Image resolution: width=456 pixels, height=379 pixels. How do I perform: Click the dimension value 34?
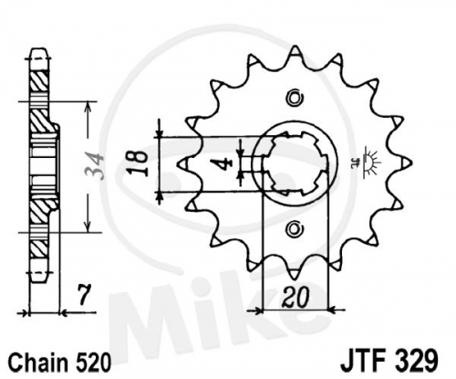point(94,166)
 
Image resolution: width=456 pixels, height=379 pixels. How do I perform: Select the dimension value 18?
point(139,163)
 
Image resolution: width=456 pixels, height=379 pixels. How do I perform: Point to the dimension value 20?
point(295,297)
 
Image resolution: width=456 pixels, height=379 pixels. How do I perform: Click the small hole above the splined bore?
point(295,98)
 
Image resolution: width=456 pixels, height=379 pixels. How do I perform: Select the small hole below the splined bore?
point(295,229)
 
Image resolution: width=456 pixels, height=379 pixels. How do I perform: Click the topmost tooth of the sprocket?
point(295,52)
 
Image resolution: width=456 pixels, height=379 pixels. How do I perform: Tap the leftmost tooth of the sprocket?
point(183,163)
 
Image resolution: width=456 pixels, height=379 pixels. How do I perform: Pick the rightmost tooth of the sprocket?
point(406,163)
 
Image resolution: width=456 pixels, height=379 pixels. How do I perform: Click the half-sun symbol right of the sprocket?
point(368,163)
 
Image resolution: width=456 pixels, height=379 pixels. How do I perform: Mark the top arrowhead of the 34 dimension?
point(88,107)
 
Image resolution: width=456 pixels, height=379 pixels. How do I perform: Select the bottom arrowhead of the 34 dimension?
point(88,227)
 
